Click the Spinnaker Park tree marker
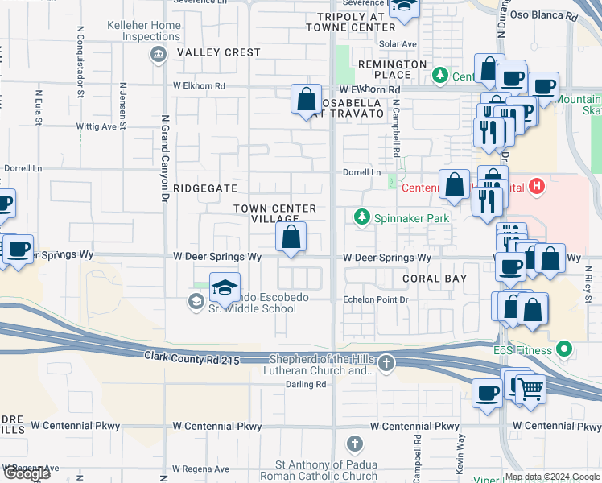362,217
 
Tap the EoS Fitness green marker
564,350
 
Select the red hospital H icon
538,189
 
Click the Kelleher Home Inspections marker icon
158,54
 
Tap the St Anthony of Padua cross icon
355,444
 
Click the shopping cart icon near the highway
530,389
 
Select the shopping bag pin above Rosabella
306,101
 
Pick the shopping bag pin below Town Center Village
291,237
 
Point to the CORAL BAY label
435,279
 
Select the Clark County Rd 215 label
192,357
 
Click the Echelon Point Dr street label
377,299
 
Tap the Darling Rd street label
306,385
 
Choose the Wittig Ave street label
96,126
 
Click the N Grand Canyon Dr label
164,157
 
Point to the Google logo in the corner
27,473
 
